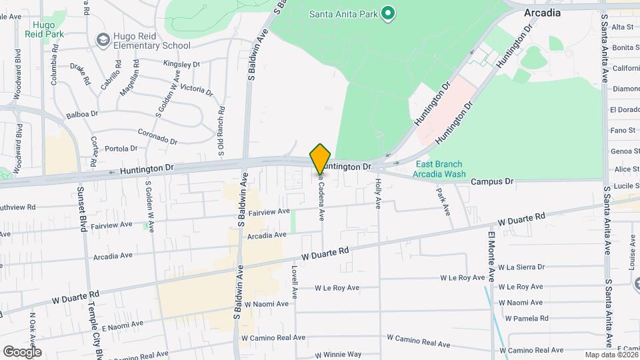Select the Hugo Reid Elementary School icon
(x=103, y=41)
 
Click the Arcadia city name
(x=542, y=13)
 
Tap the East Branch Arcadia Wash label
(x=439, y=169)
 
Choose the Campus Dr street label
(x=492, y=181)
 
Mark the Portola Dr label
(x=121, y=148)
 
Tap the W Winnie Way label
(x=338, y=355)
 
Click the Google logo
(x=22, y=351)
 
